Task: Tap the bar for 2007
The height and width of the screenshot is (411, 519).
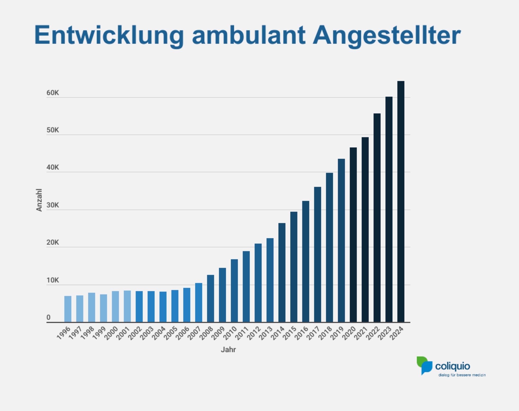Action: point(199,303)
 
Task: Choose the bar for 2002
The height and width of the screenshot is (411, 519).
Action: point(139,307)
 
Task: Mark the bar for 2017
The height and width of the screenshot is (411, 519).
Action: point(318,255)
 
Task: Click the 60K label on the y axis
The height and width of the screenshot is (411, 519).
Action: point(52,93)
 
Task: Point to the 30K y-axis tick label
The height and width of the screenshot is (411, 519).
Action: point(52,205)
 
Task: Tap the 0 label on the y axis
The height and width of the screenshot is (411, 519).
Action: point(48,317)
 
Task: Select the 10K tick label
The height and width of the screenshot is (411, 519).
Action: point(52,280)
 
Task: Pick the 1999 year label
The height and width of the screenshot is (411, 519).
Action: point(99,333)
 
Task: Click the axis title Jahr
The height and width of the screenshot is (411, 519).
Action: point(228,350)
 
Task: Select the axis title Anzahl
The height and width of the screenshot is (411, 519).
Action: point(39,200)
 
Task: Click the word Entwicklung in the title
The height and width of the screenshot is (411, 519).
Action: point(109,35)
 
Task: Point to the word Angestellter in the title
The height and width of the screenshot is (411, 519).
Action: point(387,35)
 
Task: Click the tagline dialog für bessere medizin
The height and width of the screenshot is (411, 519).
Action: point(462,375)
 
